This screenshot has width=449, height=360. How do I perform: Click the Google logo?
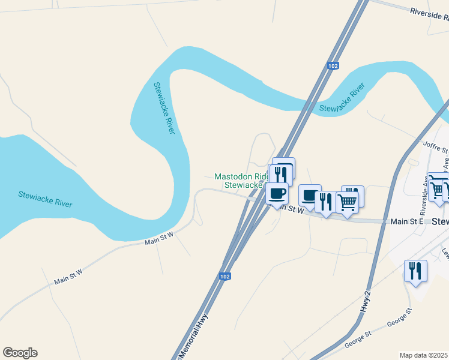(20, 353)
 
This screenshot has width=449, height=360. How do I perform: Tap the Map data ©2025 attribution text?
(424, 355)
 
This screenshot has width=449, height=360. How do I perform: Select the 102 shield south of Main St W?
(224, 276)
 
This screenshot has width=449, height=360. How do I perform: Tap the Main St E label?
(408, 222)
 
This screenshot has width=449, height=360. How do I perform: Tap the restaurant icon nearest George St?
(415, 271)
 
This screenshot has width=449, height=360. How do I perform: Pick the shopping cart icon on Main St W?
(348, 202)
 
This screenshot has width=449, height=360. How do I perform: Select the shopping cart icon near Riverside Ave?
(439, 188)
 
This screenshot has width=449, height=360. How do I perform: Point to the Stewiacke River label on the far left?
(45, 199)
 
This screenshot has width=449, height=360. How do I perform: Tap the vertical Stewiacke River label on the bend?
(164, 108)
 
